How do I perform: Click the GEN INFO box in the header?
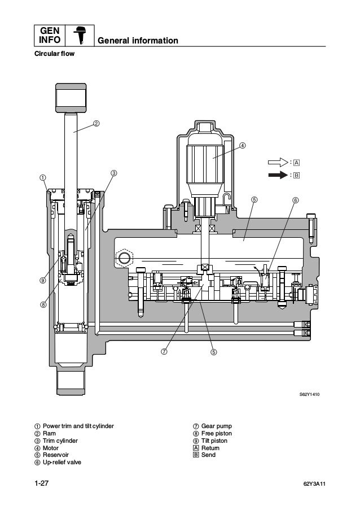tap(50, 34)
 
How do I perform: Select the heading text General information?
tap(138, 41)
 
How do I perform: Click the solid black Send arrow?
tap(278, 175)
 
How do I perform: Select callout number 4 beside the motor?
tap(243, 145)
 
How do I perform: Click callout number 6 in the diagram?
tap(296, 200)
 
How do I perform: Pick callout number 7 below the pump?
tap(164, 351)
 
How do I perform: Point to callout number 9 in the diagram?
tap(43, 280)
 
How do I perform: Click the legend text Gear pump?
tap(216, 426)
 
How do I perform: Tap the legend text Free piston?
tap(216, 433)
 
